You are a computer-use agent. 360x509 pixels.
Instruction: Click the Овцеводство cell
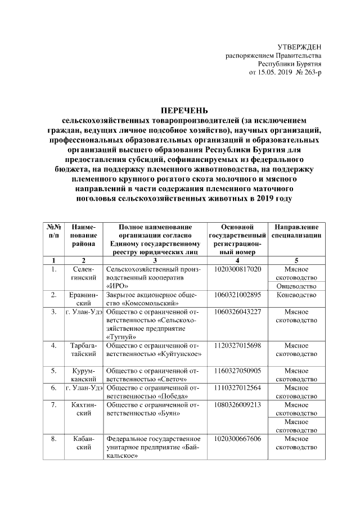[296, 286]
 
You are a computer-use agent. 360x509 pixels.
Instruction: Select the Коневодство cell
[296, 295]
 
